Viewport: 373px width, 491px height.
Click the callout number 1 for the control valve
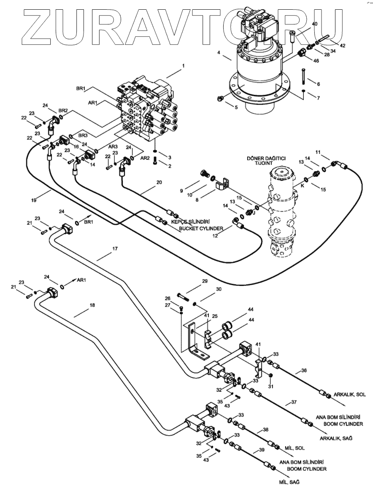coord(183,66)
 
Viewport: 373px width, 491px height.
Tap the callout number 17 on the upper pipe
coord(115,249)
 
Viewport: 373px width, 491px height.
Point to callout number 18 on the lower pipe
coord(92,305)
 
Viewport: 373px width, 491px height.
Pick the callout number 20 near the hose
coord(159,183)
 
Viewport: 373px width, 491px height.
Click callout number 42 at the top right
coord(342,45)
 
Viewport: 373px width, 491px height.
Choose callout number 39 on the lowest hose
coord(261,451)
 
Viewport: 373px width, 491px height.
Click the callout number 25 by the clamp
coord(214,316)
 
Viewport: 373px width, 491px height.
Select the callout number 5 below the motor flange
coord(236,108)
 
